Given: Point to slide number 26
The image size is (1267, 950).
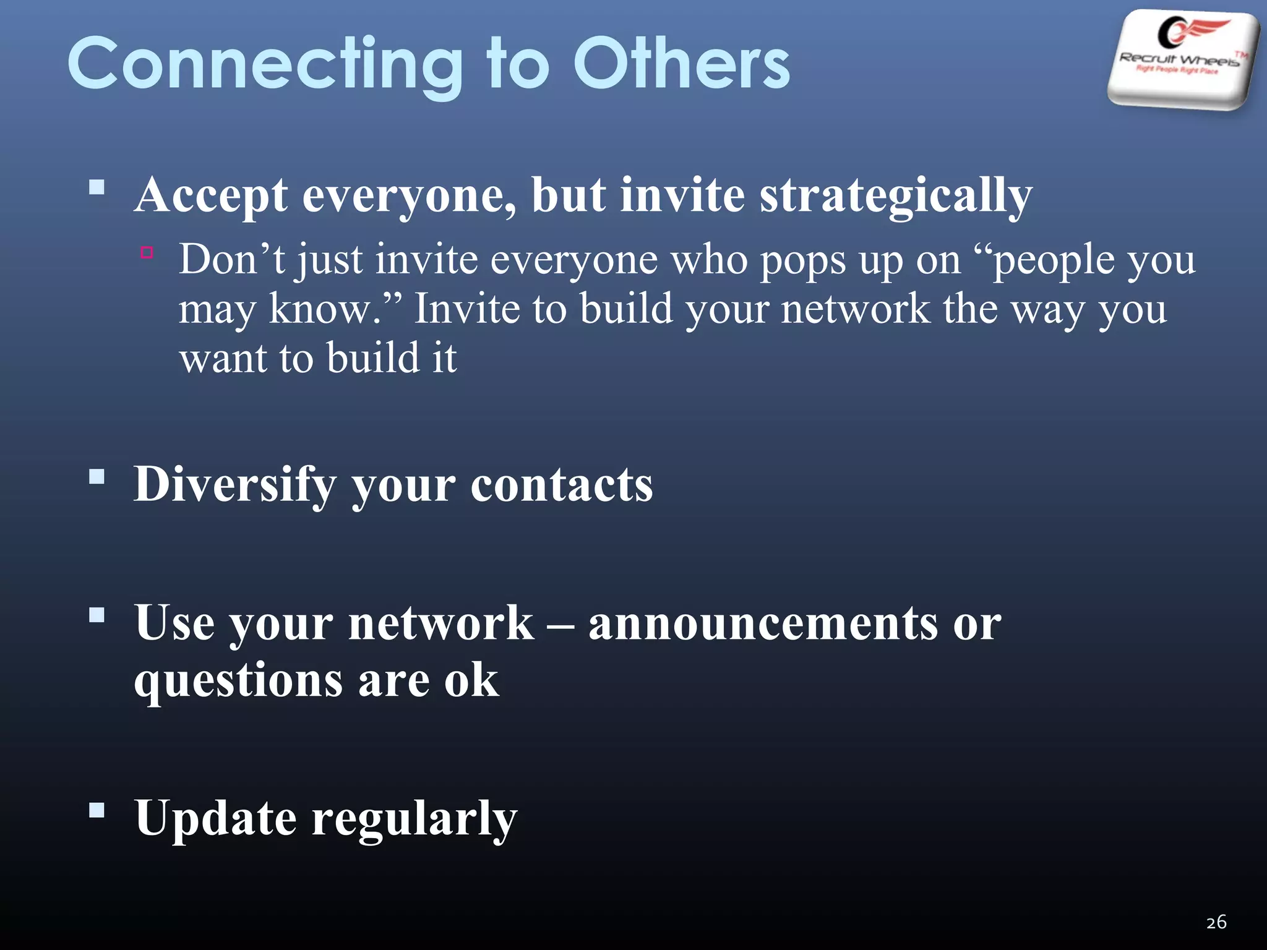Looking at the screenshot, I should (1216, 922).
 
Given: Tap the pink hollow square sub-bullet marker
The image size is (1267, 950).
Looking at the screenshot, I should (147, 252).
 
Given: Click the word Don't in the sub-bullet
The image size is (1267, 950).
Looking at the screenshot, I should (232, 259).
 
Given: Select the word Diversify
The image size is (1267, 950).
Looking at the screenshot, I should (235, 485).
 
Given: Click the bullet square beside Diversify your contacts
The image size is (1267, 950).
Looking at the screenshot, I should (97, 476).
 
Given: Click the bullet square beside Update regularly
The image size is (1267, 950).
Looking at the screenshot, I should (97, 810).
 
